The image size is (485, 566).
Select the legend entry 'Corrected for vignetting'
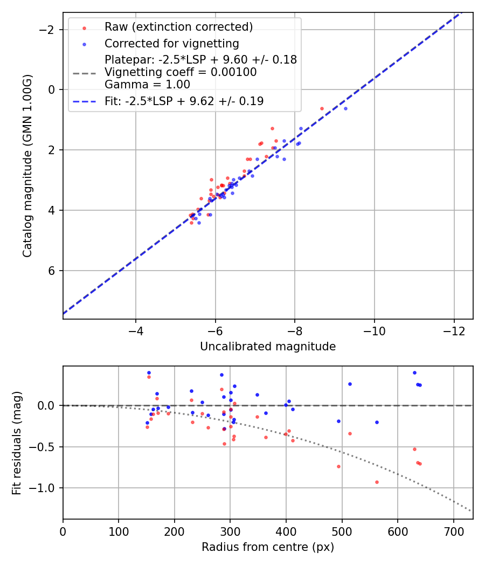point(171,43)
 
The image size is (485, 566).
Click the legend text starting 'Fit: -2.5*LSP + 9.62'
point(184,101)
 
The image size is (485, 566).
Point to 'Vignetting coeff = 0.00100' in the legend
point(181,72)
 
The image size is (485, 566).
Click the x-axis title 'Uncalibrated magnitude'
point(268,347)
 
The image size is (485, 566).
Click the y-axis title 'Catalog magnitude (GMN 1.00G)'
point(28,165)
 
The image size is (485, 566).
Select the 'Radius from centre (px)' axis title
point(268,547)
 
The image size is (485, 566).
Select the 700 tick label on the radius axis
point(453,532)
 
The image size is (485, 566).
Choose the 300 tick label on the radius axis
point(230,532)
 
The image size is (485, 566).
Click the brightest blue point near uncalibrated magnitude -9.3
point(345,108)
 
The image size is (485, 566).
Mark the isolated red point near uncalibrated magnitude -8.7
point(322,108)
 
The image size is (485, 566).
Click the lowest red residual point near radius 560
point(377,482)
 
